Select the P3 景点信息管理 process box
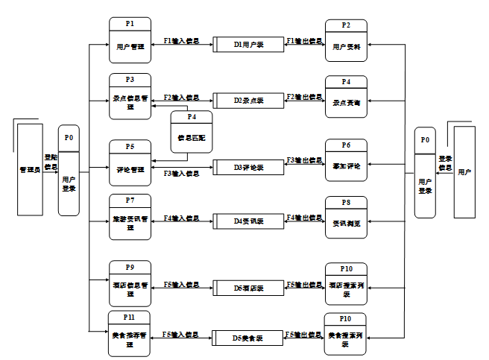tap(130, 96)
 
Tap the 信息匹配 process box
tap(192, 132)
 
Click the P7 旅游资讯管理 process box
tap(130, 216)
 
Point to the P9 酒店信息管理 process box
tap(130, 283)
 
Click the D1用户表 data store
tap(248, 45)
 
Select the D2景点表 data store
tap(248, 99)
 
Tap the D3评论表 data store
tap(248, 167)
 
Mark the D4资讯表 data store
tap(248, 221)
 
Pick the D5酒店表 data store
tap(248, 286)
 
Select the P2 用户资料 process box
tap(346, 41)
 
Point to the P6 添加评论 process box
tap(346, 160)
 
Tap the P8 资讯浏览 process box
tap(346, 218)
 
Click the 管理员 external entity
tap(29, 169)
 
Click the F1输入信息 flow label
tap(181, 40)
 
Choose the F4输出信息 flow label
tap(304, 218)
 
